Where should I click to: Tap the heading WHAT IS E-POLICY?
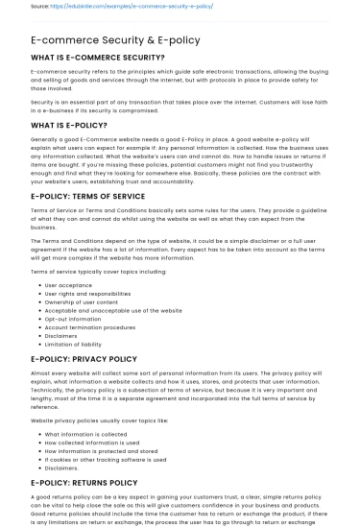[x=73, y=125]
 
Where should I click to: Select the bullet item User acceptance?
[x=71, y=285]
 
